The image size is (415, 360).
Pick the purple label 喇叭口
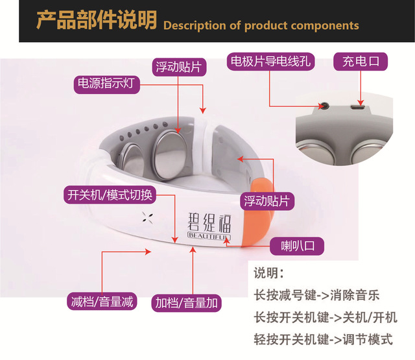pos(297,246)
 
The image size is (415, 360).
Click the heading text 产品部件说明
pos(95,21)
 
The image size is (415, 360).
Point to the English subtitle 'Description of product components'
pos(261,25)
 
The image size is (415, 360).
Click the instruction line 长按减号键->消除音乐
pos(316,296)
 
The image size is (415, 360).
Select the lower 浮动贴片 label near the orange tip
pos(267,200)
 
